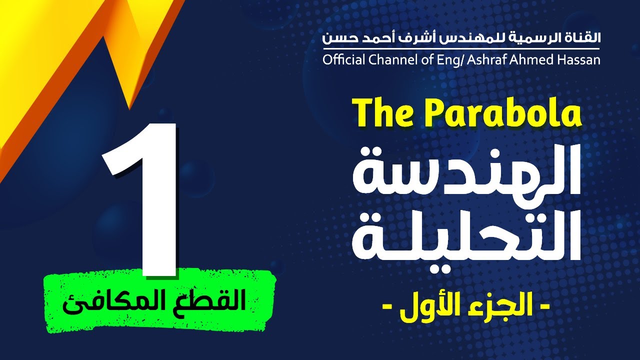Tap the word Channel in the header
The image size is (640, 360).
[387, 60]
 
